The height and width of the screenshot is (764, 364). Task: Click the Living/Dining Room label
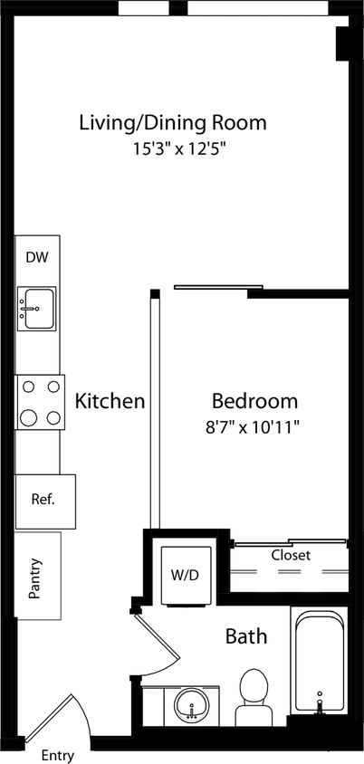pos(174,123)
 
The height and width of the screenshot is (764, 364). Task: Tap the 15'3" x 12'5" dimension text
pos(177,147)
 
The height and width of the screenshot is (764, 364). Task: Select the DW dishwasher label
pos(37,258)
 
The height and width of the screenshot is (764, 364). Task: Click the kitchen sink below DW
pos(36,308)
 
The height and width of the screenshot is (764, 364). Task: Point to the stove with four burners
pos(40,402)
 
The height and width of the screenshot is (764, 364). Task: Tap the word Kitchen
pos(110,401)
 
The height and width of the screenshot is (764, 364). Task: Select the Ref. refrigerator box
pos(43,500)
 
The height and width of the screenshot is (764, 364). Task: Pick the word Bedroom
pos(254,401)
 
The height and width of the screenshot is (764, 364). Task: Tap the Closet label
pos(291,555)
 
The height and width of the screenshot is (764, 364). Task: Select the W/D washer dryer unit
pos(186,573)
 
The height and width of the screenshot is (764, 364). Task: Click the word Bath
pos(246,637)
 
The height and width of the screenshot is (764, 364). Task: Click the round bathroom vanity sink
pos(191,704)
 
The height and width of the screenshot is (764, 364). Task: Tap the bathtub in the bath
pos(319,661)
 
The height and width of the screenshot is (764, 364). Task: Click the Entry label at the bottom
pos(58,755)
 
